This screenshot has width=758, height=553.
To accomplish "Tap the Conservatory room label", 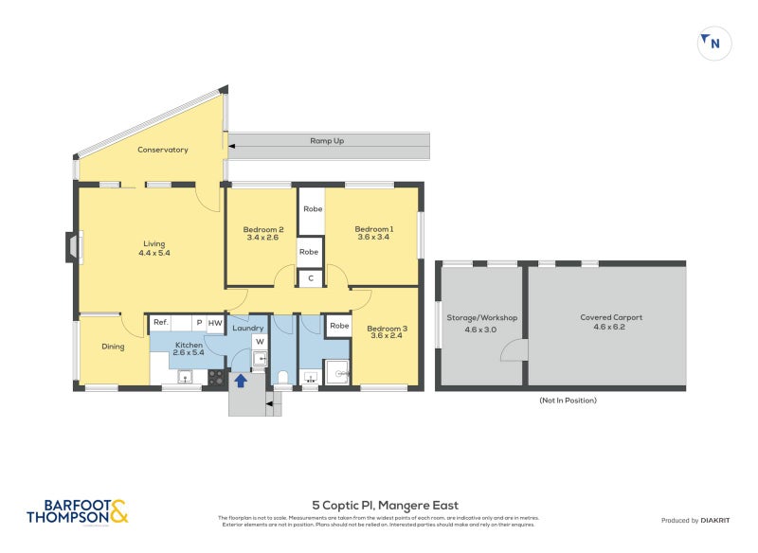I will point(162,150).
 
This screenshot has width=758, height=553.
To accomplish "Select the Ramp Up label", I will point(327,140).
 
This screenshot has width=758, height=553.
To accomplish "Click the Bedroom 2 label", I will point(263,229).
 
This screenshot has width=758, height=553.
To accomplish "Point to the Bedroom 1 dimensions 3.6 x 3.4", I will point(373,238).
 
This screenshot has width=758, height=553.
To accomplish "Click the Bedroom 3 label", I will point(387,329).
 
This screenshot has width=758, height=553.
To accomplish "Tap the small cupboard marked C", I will point(310,277).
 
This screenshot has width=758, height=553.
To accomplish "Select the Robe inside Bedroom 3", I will point(338,326).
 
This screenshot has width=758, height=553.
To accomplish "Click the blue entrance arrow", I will point(241,381).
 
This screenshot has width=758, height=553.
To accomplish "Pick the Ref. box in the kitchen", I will point(161,323).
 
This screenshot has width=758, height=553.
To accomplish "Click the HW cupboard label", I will point(215,323).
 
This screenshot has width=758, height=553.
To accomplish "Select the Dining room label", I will point(113,347).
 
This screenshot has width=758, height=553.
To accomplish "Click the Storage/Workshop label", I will point(481,318).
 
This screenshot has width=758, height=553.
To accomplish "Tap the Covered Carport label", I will point(611,318).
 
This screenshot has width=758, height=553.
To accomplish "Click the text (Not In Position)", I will point(568,401).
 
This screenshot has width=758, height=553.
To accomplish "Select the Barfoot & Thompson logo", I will point(76,512).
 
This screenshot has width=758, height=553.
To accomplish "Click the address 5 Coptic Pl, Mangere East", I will point(386,506).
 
